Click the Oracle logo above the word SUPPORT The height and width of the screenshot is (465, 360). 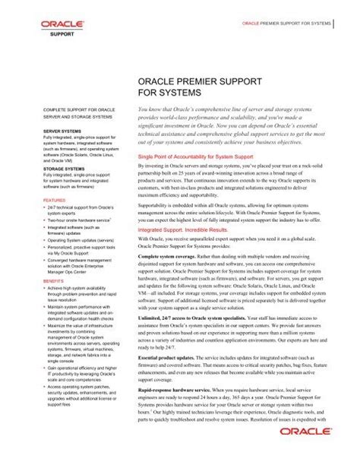[56, 24]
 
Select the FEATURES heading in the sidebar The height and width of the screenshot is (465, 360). [53, 201]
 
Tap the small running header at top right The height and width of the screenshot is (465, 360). [286, 24]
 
